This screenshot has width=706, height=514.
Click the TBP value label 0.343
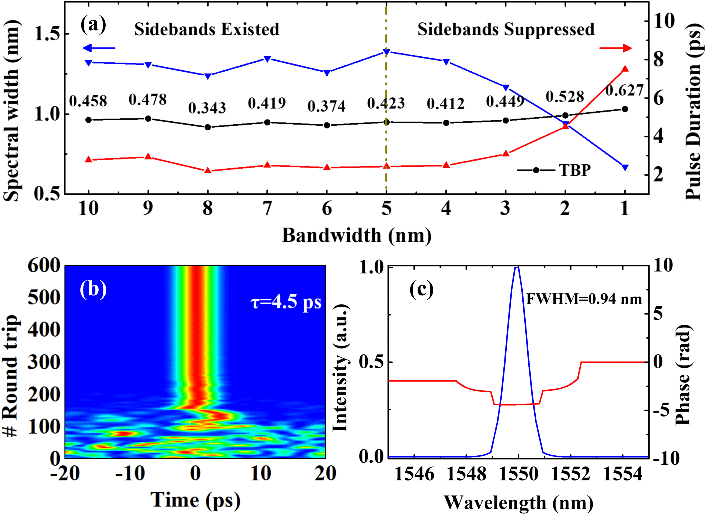pos(207,108)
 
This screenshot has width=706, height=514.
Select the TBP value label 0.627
pos(624,90)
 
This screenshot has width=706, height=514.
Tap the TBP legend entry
pos(554,170)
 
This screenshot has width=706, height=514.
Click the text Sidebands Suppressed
pos(506,30)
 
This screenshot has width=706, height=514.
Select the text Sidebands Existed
pos(207,30)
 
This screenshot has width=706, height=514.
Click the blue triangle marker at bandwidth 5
pos(386,52)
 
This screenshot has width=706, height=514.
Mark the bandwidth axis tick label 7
pos(267,208)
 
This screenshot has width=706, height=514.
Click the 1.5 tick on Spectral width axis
pos(47,34)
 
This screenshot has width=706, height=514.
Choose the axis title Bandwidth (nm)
pos(357,235)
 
